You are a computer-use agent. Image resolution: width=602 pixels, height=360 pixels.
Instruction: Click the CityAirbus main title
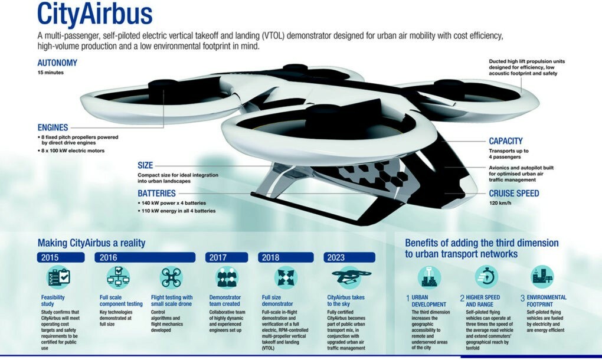(95, 14)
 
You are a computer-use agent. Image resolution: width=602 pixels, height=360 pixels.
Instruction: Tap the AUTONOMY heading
(57, 63)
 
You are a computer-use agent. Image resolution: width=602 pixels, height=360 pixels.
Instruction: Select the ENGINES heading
(53, 127)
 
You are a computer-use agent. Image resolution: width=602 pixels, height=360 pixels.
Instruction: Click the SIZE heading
(145, 165)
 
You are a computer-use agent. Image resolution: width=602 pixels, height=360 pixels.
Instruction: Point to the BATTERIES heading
(156, 194)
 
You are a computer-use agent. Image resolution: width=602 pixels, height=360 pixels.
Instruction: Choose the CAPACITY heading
(506, 141)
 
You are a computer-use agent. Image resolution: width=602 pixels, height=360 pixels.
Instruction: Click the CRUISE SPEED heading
(513, 194)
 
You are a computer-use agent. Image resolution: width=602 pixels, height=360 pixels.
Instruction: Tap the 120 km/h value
(500, 203)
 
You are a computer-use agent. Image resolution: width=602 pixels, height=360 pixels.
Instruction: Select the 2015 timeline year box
(61, 257)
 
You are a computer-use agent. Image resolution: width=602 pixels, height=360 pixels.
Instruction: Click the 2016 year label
(108, 257)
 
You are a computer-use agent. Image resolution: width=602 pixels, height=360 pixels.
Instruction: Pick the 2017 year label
(218, 257)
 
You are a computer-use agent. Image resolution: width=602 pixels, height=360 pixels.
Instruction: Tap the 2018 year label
(270, 257)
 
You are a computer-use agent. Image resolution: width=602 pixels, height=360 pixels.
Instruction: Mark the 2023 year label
(336, 257)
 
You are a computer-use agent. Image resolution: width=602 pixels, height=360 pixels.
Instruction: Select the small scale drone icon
(171, 277)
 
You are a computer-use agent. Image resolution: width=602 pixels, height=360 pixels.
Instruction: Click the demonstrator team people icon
(227, 277)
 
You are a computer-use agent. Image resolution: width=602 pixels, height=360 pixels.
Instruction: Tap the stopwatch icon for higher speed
(486, 276)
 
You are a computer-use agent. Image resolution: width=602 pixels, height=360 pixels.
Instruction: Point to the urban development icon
(429, 276)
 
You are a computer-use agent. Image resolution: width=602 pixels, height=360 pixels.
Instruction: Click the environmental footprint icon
(542, 276)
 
